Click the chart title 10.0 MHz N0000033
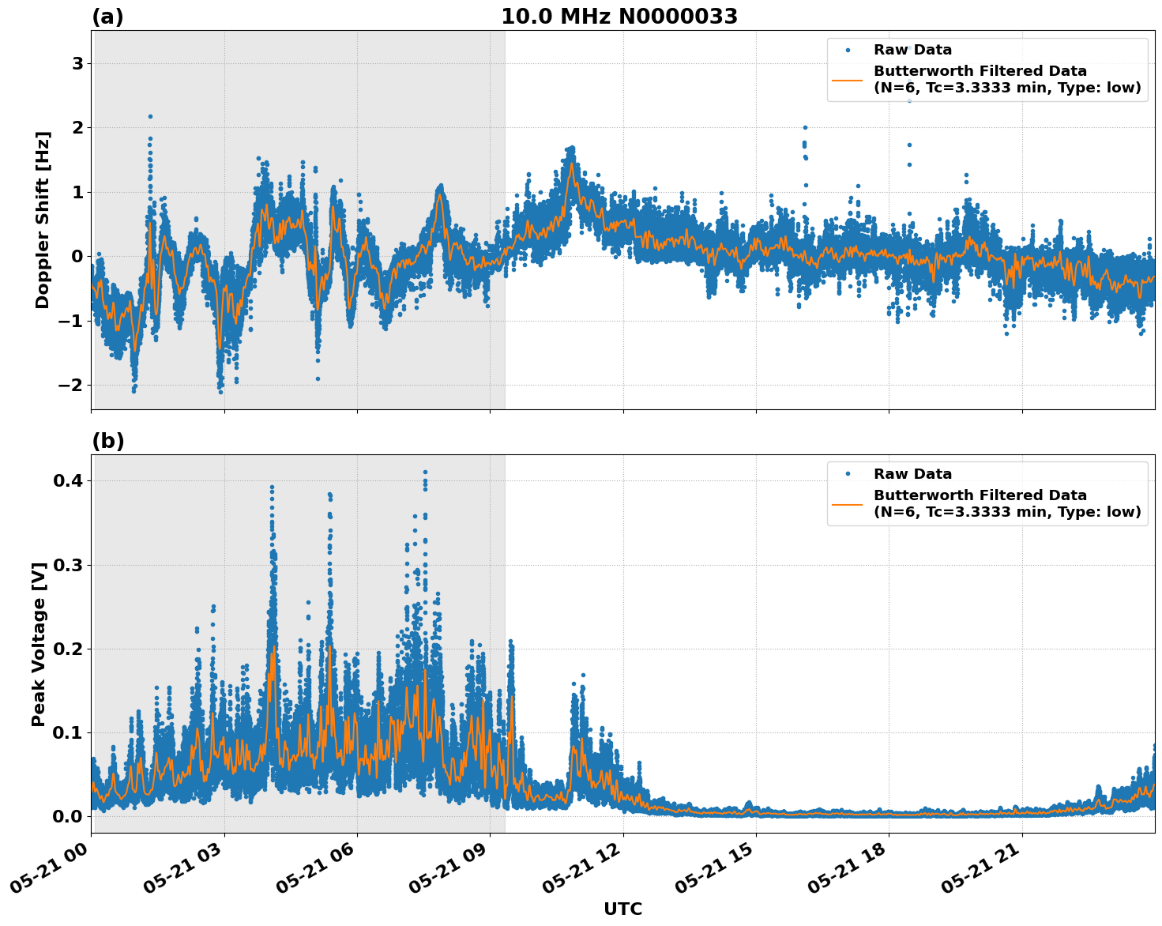(x=619, y=17)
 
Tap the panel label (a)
(x=107, y=17)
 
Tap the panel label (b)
(x=107, y=441)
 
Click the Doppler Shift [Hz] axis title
(x=43, y=220)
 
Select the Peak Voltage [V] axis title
(x=39, y=644)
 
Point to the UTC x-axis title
(x=622, y=909)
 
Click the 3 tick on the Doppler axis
(x=77, y=63)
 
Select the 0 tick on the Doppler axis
(x=77, y=256)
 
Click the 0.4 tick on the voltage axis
(x=67, y=480)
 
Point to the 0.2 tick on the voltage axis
(x=67, y=649)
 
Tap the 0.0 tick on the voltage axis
(x=67, y=816)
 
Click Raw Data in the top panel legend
(x=912, y=50)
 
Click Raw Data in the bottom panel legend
(x=912, y=474)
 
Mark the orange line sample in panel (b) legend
(x=848, y=503)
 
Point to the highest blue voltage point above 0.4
(x=425, y=472)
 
